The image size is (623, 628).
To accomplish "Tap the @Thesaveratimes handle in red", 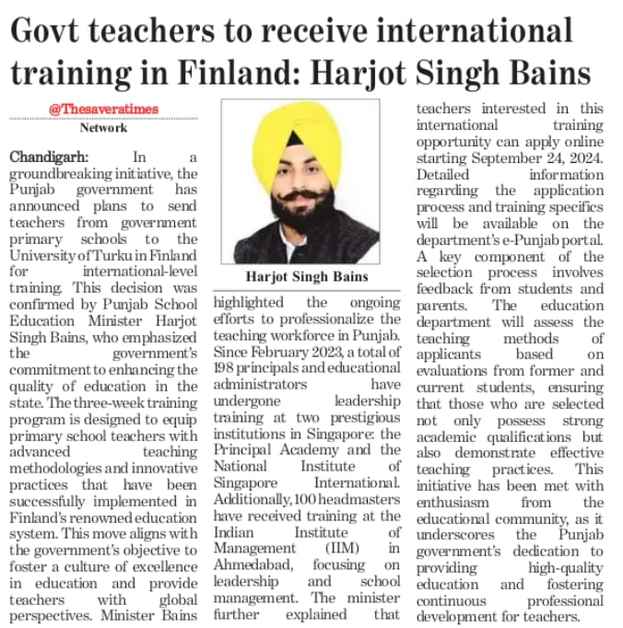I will pos(103,109).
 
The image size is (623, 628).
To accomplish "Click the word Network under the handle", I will pos(103,128).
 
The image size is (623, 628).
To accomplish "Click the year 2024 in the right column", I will pos(582,157).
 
